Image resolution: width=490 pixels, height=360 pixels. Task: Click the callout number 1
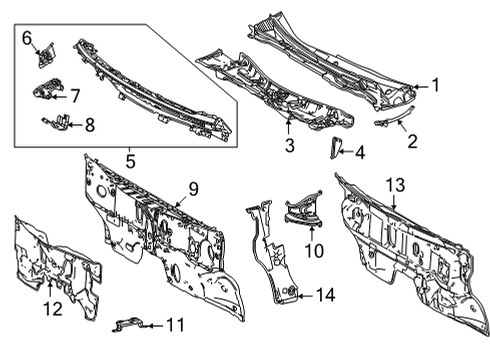coord(434,86)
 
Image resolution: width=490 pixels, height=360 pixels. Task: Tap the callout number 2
coord(412,142)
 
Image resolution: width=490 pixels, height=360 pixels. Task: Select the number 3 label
coord(288,147)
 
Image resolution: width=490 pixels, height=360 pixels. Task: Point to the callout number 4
coord(360,153)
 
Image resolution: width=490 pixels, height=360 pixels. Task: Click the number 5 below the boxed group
coord(130,157)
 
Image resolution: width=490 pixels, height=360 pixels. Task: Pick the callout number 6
coord(28,39)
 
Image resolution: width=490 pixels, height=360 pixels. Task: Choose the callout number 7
coord(75,95)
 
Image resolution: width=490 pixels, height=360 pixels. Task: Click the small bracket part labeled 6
coord(46,58)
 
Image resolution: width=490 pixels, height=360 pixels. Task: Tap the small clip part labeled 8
coord(57,123)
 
